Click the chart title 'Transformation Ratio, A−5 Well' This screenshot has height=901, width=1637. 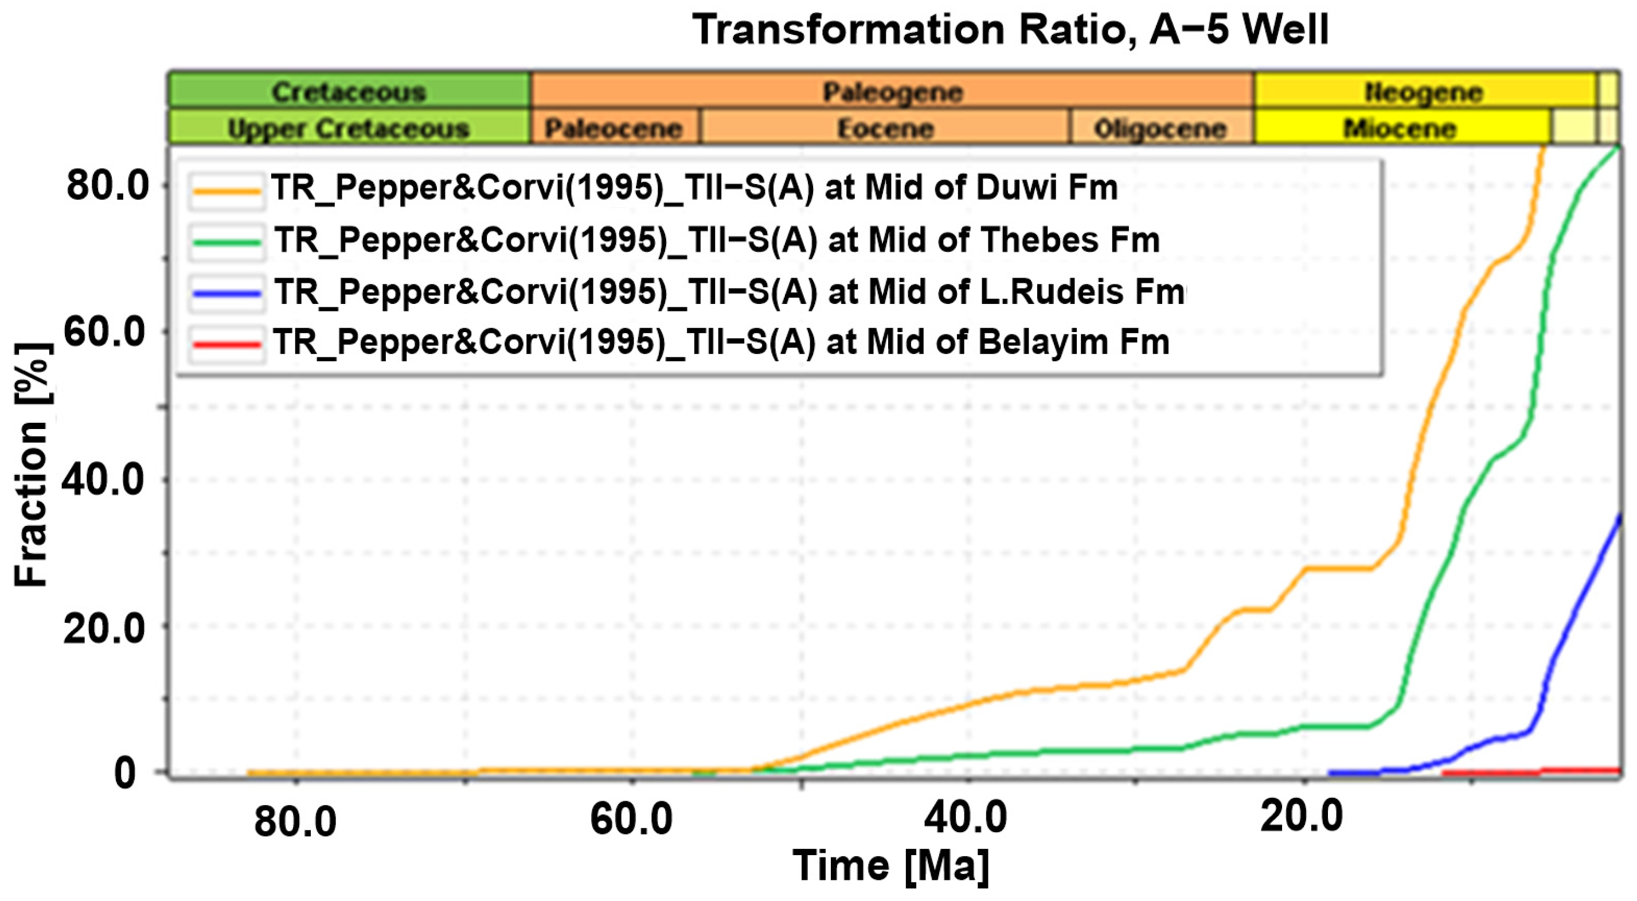pos(1010,29)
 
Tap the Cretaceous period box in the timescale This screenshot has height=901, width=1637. pos(349,91)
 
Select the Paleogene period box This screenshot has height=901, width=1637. pos(892,91)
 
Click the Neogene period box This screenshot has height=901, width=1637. pos(1424,91)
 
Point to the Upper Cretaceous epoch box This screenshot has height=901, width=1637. pos(349,128)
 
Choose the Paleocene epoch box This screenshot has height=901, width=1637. pos(614,128)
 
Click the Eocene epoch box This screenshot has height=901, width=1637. pos(885,128)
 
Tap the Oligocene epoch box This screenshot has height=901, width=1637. pos(1161,128)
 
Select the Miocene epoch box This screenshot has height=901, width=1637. pos(1400,128)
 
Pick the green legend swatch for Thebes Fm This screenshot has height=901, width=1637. pos(226,241)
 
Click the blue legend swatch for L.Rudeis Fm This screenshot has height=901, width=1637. pos(226,293)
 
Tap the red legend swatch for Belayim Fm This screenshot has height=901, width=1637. pos(226,344)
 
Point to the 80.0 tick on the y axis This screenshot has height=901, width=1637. pos(107,186)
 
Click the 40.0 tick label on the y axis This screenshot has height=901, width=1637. pos(103,479)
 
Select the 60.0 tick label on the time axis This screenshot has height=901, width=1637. pos(631,819)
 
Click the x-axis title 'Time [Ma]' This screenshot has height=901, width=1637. pos(891,866)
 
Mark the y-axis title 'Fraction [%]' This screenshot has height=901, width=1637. pos(32,464)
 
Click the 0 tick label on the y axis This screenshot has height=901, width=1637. pos(125,773)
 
